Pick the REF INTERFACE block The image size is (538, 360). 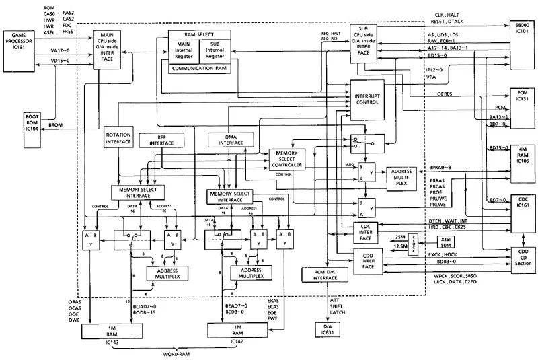pos(156,141)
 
